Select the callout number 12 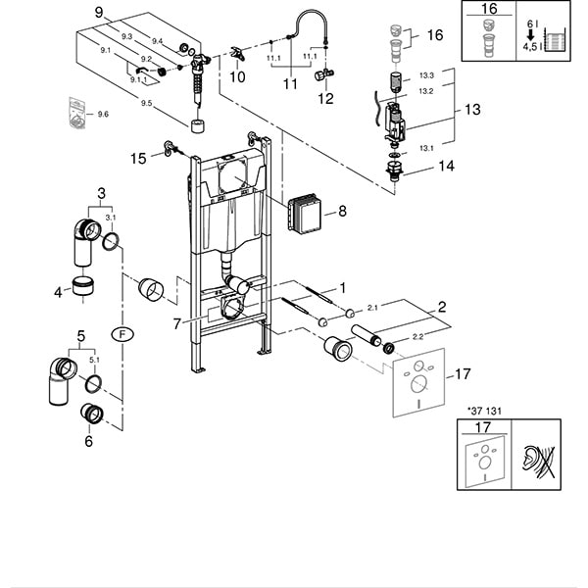coord(325,99)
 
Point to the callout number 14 coord(446,167)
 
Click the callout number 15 coord(140,157)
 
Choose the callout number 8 coord(342,211)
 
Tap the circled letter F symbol coord(122,332)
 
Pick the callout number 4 coord(59,290)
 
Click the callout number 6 coord(90,442)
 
